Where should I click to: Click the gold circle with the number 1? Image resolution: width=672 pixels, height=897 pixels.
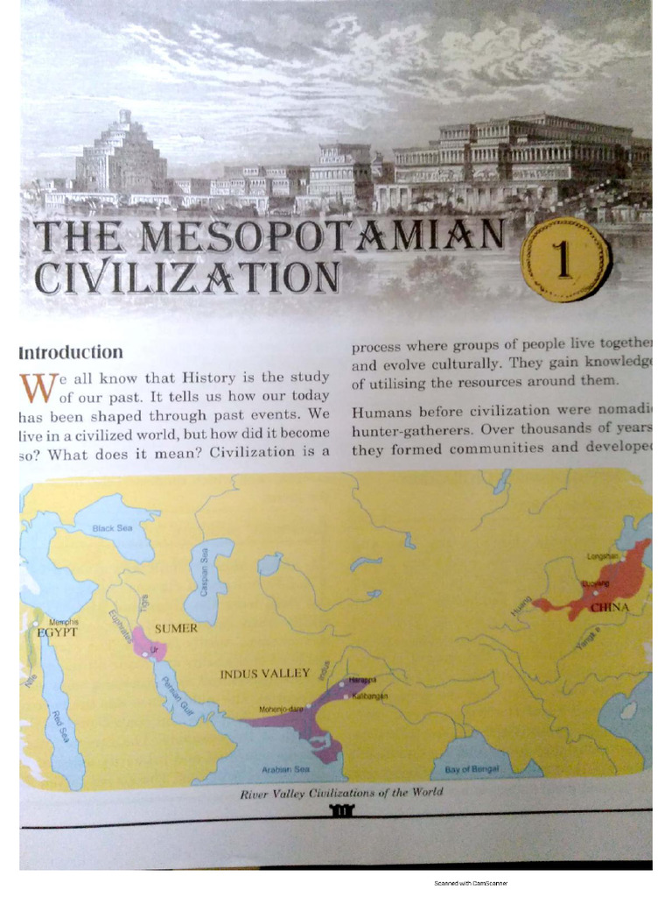[563, 258]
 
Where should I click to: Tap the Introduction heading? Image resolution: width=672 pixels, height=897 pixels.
[71, 352]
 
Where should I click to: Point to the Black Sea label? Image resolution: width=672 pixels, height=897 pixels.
[112, 529]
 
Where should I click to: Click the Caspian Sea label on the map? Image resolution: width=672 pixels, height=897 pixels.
[204, 572]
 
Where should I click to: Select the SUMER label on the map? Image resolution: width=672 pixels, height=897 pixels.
[176, 628]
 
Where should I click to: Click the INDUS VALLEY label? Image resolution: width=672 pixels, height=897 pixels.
[264, 674]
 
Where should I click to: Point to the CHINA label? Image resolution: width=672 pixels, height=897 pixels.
[610, 606]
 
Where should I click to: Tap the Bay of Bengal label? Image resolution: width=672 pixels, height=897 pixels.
[472, 769]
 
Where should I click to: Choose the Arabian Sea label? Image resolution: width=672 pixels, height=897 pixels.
[286, 770]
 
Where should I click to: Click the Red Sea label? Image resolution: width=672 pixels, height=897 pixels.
[59, 726]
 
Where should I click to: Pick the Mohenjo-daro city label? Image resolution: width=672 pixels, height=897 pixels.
[280, 708]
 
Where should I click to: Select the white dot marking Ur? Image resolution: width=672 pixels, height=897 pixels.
[145, 653]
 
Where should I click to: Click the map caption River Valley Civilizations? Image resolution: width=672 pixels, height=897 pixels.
[341, 792]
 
